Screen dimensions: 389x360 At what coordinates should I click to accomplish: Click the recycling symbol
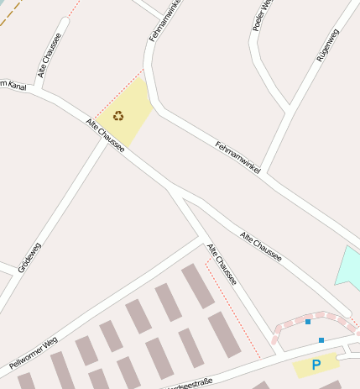pyautogui.click(x=117, y=116)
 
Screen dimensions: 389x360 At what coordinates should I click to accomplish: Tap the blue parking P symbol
pyautogui.click(x=316, y=365)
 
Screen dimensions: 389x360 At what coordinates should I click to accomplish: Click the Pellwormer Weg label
pyautogui.click(x=34, y=353)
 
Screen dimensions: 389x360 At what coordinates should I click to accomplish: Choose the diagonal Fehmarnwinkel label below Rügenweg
pyautogui.click(x=237, y=157)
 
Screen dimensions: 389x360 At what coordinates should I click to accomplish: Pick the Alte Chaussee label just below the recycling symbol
pyautogui.click(x=106, y=135)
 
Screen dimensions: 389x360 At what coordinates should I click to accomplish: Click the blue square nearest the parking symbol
pyautogui.click(x=321, y=340)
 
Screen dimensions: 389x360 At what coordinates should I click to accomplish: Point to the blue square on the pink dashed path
pyautogui.click(x=308, y=322)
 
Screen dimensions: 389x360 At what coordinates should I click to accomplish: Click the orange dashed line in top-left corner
pyautogui.click(x=10, y=12)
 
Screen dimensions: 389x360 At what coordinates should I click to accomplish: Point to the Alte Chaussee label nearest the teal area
pyautogui.click(x=261, y=246)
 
